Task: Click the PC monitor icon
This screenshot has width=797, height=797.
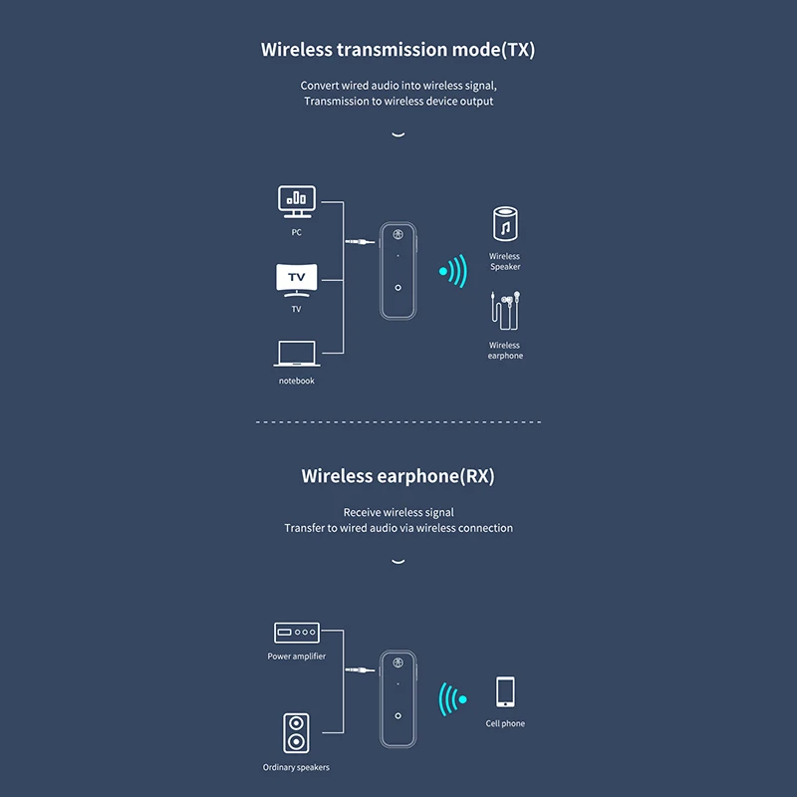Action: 296,201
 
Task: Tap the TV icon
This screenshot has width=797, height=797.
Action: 296,279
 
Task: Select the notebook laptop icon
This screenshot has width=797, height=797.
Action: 296,354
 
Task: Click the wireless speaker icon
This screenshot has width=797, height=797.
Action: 505,225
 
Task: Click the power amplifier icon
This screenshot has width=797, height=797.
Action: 296,632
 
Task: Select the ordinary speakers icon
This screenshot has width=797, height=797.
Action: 296,732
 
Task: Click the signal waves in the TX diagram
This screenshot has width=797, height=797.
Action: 453,270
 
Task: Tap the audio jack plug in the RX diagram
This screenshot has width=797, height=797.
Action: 358,670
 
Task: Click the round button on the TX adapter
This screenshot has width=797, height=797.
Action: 398,288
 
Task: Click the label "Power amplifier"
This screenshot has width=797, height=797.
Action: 296,657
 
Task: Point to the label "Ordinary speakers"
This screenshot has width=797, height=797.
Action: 296,767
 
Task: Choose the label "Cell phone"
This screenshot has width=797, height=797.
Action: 505,723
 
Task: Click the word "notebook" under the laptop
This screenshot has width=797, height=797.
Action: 296,381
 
